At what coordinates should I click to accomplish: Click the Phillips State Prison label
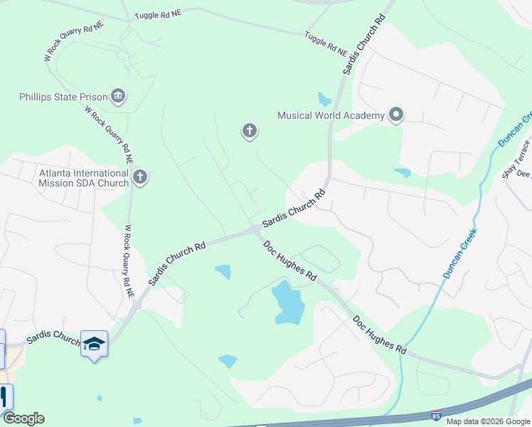point(63,97)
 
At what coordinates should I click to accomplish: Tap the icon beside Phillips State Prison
point(119,96)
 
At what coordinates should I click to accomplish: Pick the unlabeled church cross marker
point(249,130)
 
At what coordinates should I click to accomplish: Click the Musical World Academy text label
point(331,115)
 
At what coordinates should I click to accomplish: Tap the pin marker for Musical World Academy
point(396,115)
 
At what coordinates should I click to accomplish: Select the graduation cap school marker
point(94,344)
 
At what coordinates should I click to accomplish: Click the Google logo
point(23,418)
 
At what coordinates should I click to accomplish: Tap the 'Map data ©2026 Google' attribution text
point(488,421)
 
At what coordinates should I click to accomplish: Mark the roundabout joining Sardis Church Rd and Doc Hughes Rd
point(255,229)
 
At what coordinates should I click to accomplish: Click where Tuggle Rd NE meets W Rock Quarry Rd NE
point(130,21)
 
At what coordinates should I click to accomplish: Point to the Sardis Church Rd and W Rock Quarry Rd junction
point(137,305)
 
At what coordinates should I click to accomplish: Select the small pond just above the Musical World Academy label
point(324,100)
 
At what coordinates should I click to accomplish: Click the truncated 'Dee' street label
point(523,174)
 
